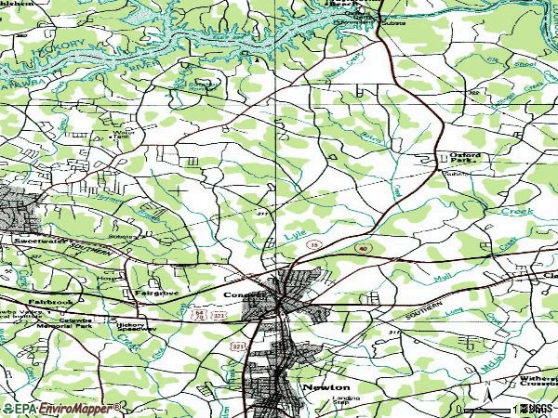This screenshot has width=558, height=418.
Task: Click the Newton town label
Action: pyautogui.click(x=325, y=386)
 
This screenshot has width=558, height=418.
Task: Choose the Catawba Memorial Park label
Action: pyautogui.click(x=64, y=325)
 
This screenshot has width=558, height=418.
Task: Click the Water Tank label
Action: pyautogui.click(x=123, y=136)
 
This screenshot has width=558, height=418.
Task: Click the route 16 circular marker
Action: pyautogui.click(x=315, y=242)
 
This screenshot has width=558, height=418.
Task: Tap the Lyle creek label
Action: pyautogui.click(x=295, y=235)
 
